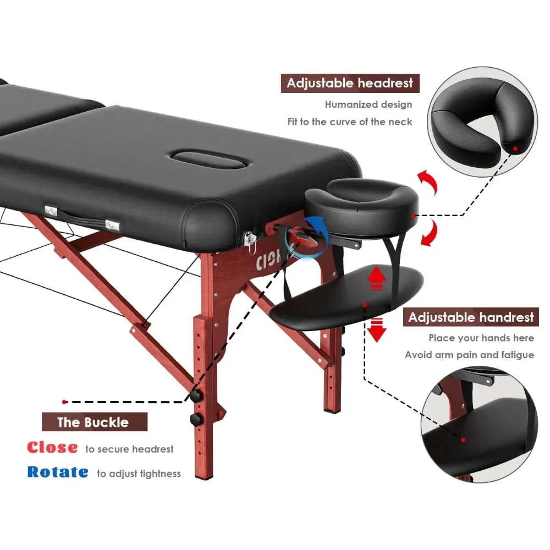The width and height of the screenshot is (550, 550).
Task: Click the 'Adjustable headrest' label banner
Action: (350, 84)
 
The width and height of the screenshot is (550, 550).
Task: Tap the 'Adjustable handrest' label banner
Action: (471, 317)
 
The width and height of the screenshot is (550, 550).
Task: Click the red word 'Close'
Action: (52, 448)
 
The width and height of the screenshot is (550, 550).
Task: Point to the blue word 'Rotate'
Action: (58, 472)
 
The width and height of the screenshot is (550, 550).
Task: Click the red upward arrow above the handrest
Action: (376, 278)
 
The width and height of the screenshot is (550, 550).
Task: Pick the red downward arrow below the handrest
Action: (377, 329)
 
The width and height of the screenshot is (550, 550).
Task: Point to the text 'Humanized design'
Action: (368, 105)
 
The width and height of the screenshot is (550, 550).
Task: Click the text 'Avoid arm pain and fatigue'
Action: (469, 355)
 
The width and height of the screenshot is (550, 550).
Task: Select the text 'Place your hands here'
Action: (481, 338)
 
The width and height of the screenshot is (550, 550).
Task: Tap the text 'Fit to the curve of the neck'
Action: (350, 122)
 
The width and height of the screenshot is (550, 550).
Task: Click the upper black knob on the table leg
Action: (195, 396)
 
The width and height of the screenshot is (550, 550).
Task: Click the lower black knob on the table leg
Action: (195, 420)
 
